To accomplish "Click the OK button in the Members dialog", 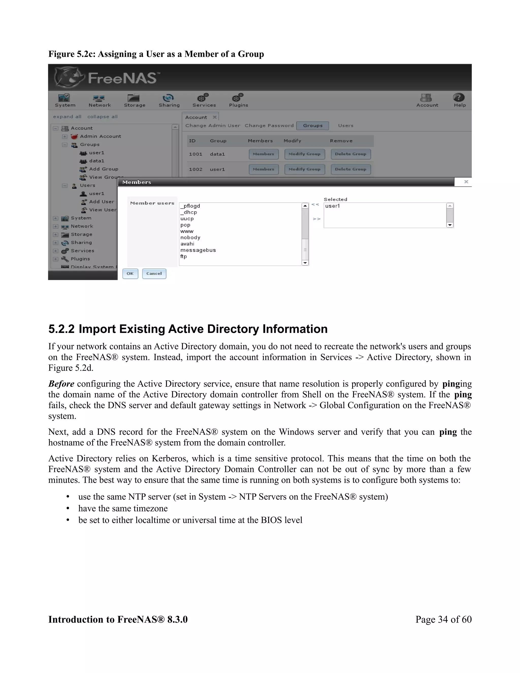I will tap(130, 273).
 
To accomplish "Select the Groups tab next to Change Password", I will tap(312, 125).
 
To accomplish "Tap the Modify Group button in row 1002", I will tap(304, 169).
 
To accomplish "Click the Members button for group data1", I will tap(263, 154).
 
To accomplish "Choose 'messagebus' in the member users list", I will tap(198, 250).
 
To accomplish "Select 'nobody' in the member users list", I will tap(190, 238).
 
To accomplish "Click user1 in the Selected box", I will tap(332, 206).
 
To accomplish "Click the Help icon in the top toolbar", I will tap(459, 98).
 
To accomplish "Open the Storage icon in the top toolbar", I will tap(134, 98).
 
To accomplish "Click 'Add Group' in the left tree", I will tap(104, 169).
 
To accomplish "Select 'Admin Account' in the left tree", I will tap(101, 136).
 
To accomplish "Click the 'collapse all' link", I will tap(102, 117).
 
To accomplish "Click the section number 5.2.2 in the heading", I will tap(61, 329).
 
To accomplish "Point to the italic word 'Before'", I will tap(61, 384).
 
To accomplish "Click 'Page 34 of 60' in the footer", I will tap(443, 619).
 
